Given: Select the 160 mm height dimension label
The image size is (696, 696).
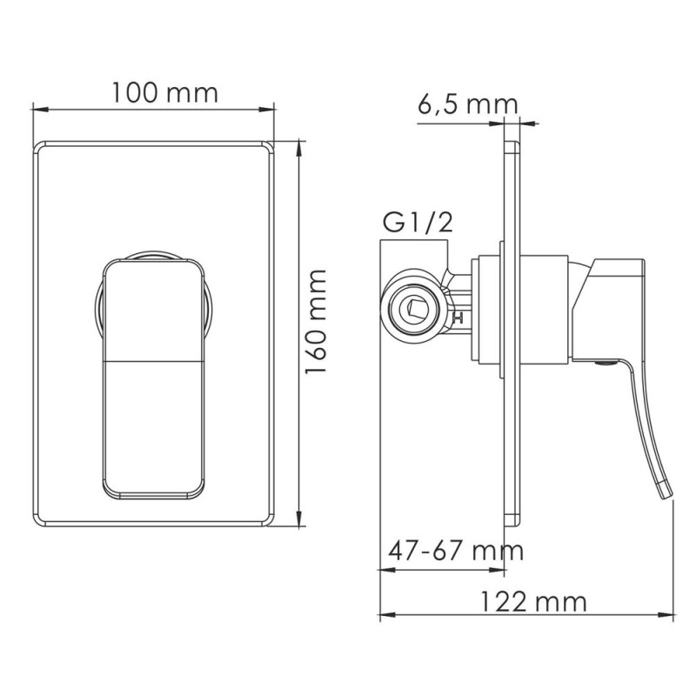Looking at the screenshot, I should (x=318, y=321).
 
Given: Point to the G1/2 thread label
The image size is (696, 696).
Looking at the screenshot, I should (x=418, y=224).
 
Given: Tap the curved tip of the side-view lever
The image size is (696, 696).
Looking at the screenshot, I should (x=667, y=492).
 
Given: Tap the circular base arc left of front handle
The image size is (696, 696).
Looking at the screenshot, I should (x=98, y=304).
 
